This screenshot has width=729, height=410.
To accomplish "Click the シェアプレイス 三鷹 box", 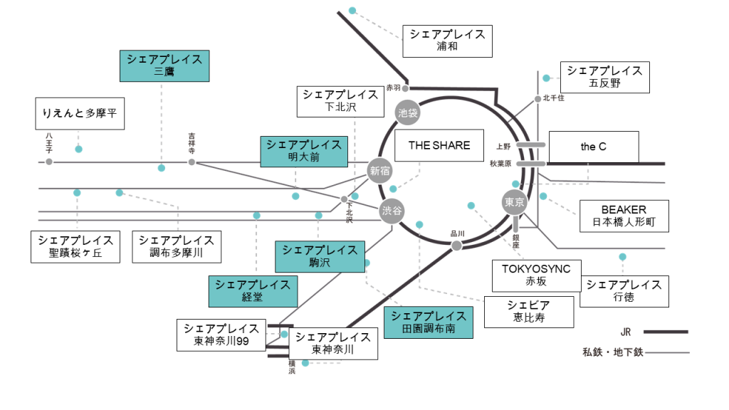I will tap(164, 65).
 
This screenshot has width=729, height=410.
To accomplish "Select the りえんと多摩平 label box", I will tap(80, 114).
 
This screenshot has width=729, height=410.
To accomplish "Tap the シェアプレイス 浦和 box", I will tap(447, 41).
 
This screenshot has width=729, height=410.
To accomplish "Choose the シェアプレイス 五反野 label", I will tap(605, 77).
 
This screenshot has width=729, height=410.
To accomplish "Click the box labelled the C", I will tap(593, 147).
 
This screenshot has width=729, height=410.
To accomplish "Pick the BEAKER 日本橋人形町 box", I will tap(624, 216).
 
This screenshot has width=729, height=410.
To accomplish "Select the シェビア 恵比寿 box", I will tap(529, 312).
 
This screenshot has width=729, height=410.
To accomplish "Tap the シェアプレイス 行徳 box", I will tap(624, 291).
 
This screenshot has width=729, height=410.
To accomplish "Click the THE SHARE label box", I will tap(439, 146).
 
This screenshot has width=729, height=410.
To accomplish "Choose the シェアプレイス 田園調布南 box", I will tap(428, 322).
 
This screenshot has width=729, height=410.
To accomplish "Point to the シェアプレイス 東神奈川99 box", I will tap(221, 335).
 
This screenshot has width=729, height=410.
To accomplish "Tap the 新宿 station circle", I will tap(380, 170).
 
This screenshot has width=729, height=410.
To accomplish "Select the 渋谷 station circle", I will tap(392, 211).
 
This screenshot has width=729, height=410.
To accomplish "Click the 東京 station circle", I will tap(514, 202).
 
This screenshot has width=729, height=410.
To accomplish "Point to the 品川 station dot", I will tap(456, 246).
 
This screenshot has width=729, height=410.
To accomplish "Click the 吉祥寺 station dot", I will tap(192, 162).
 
